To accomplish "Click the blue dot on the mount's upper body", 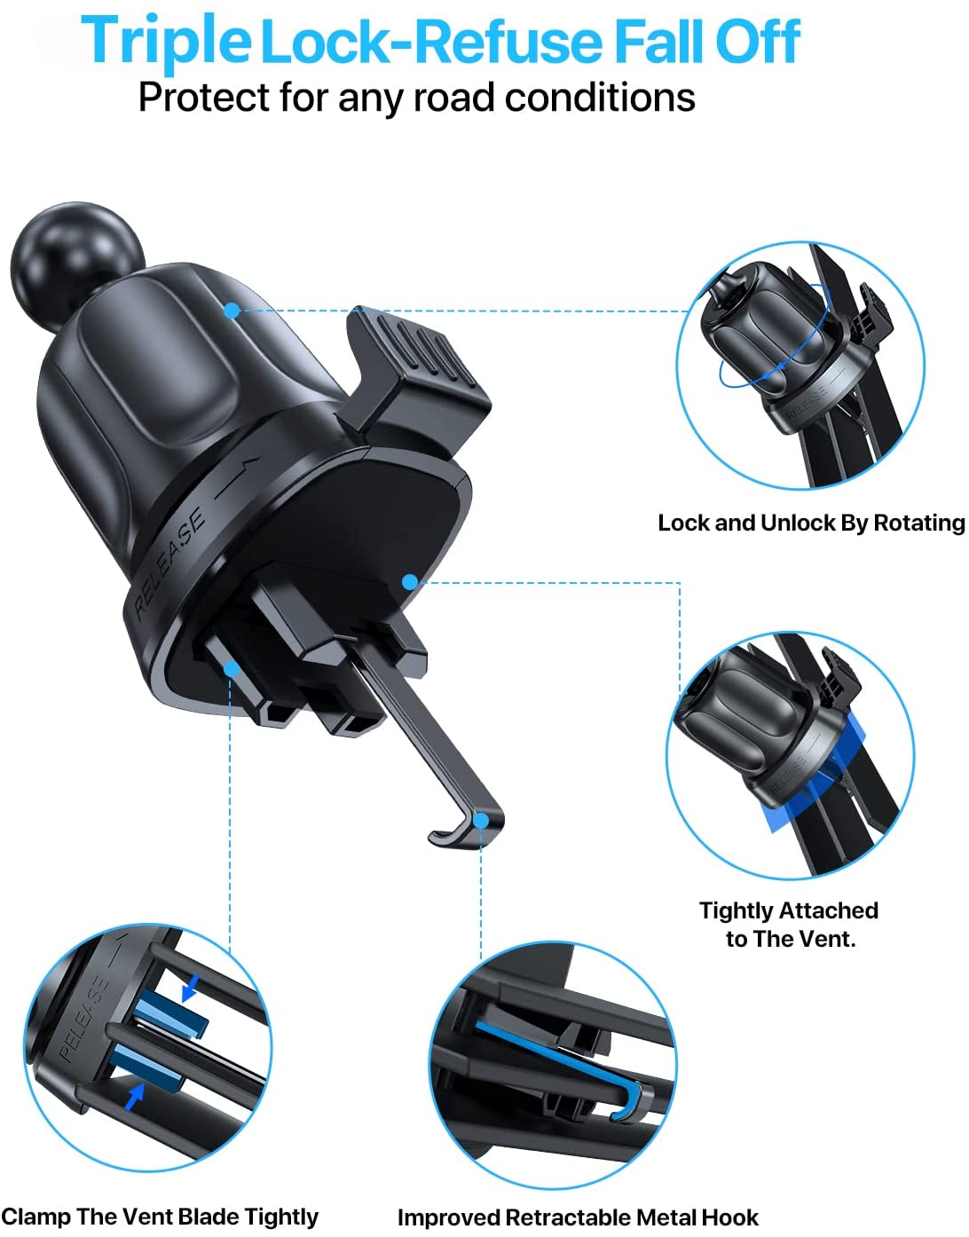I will click(232, 311).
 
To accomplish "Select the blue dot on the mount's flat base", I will click(409, 582).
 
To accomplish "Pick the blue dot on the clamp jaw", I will click(231, 667).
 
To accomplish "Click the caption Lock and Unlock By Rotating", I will click(811, 523).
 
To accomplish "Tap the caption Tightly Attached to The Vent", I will click(789, 924).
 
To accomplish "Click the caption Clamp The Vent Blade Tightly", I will click(160, 1217).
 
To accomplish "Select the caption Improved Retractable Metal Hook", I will click(578, 1217).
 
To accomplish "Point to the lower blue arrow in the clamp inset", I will click(134, 1097).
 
